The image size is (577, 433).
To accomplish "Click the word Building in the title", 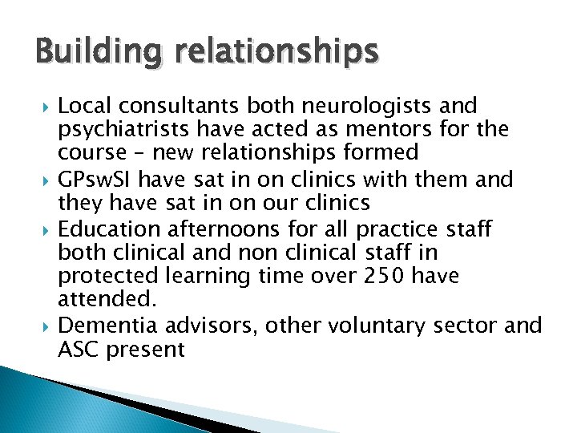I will pos(79,53).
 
